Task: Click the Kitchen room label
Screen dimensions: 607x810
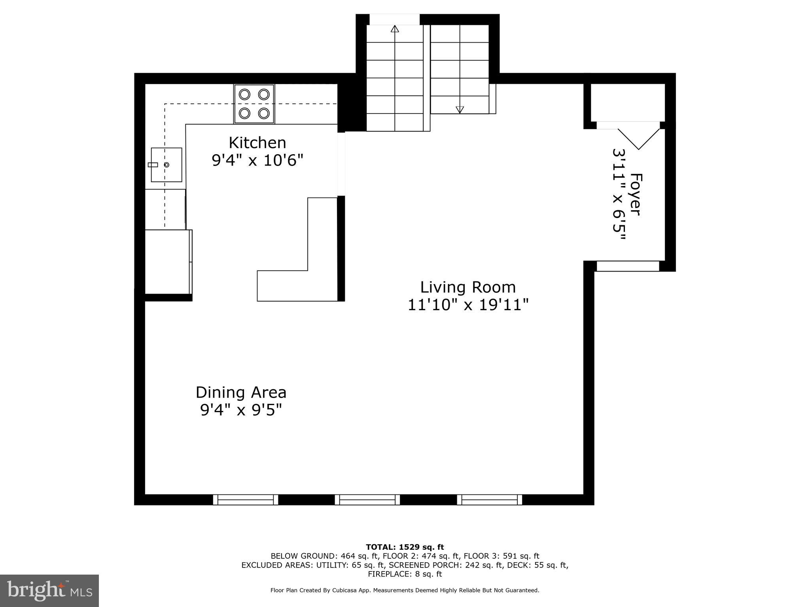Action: click(x=257, y=142)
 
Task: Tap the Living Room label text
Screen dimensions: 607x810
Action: click(x=467, y=287)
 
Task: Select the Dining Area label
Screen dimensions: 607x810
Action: click(x=241, y=392)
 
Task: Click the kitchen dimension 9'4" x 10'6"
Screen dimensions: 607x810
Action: click(x=257, y=160)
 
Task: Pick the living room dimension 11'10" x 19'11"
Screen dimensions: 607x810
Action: click(x=468, y=305)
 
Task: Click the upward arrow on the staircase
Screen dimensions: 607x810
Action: click(x=395, y=29)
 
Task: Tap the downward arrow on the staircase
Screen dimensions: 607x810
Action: click(x=460, y=109)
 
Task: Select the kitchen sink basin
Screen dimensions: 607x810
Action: click(x=167, y=165)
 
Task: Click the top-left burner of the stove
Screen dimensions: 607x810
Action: click(x=245, y=94)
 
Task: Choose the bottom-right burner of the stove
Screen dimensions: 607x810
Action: click(x=264, y=113)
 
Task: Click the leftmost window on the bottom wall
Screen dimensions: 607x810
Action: click(x=246, y=500)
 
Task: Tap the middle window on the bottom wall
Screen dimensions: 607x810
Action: click(x=367, y=500)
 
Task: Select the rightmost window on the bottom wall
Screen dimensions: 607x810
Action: click(x=490, y=500)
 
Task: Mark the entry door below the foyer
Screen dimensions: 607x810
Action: click(x=628, y=266)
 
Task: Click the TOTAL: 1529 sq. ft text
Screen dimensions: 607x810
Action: click(x=405, y=547)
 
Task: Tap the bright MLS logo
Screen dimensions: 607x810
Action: click(x=49, y=590)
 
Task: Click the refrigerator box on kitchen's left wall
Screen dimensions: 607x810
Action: click(x=168, y=262)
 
